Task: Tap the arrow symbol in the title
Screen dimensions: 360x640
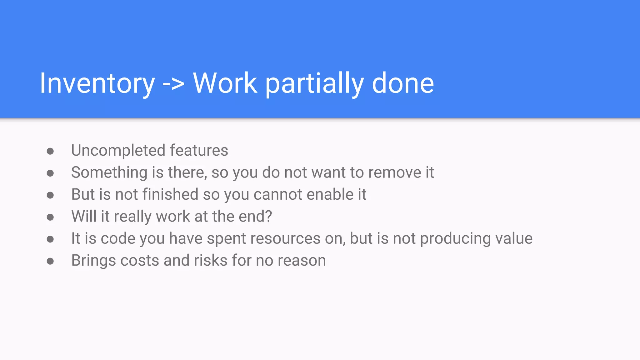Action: pyautogui.click(x=173, y=84)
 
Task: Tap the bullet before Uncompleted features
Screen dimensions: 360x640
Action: pyautogui.click(x=50, y=152)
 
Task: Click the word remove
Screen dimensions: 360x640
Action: pyautogui.click(x=395, y=173)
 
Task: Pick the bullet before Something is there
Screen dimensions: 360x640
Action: pyautogui.click(x=50, y=173)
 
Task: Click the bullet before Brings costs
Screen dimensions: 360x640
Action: pyautogui.click(x=50, y=261)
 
